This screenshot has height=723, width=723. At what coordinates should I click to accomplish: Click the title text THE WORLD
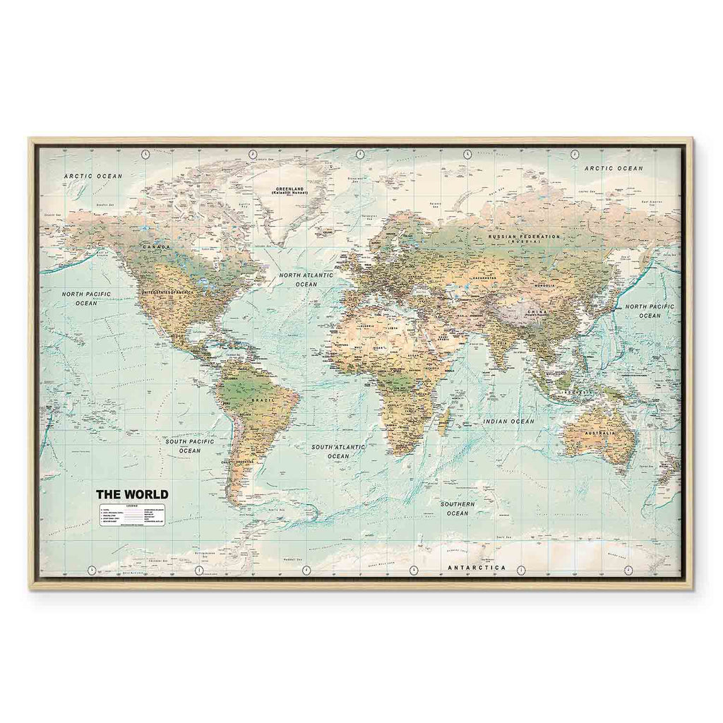point(132,494)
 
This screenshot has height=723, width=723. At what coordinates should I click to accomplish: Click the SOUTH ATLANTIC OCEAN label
point(338,452)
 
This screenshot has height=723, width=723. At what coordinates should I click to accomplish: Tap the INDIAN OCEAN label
point(508,421)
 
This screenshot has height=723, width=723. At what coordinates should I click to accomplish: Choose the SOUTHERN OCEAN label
point(458,508)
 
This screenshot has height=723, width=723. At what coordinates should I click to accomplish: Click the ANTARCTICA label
point(478,568)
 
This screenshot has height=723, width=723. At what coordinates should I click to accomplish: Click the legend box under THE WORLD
point(133,515)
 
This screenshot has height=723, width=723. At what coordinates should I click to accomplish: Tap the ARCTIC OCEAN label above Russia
point(613,169)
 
